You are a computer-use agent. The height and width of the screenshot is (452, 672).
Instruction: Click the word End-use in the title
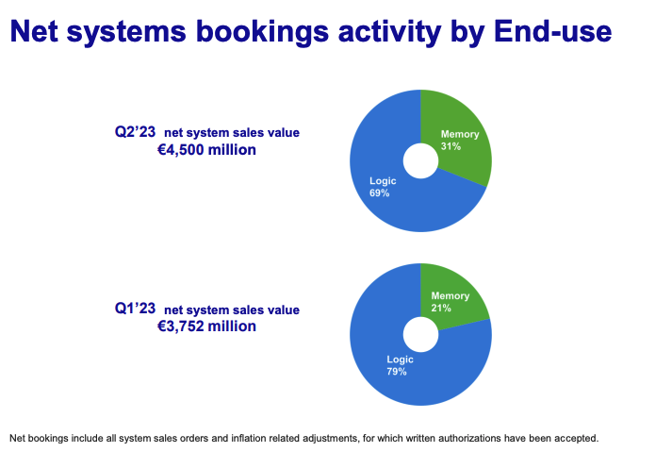coord(552,31)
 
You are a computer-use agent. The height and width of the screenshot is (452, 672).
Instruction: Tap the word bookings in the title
coord(262,33)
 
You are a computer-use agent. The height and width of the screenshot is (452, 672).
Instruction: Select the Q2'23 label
coord(135,131)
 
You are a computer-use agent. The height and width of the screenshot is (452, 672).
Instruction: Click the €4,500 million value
coord(206,150)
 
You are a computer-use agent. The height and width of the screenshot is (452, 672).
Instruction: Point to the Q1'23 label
coord(135,309)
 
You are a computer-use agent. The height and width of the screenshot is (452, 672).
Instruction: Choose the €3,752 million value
coord(206,326)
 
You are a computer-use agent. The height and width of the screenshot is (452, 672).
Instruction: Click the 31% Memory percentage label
coord(451,146)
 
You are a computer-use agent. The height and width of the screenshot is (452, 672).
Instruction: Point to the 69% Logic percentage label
coord(379,193)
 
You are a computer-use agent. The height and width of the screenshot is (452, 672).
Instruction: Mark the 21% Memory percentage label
coord(441,308)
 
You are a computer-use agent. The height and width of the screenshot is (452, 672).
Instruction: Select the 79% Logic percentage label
coord(397,371)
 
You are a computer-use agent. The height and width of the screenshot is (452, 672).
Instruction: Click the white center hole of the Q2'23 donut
coord(421,161)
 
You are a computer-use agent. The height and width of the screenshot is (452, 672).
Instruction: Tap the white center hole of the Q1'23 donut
coord(421,334)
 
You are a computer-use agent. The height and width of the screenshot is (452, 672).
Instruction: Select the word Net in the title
coord(33,31)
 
